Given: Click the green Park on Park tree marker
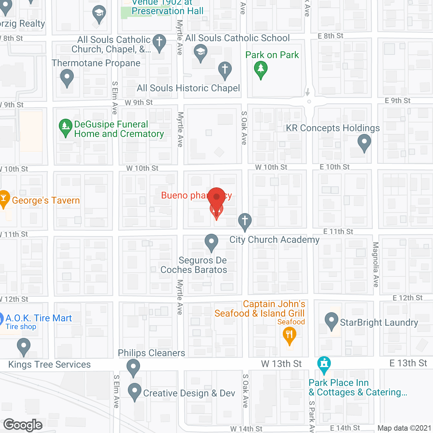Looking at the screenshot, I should pyautogui.click(x=260, y=69).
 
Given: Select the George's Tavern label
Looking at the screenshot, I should pyautogui.click(x=46, y=201).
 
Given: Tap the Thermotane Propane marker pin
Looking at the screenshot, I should pyautogui.click(x=67, y=77).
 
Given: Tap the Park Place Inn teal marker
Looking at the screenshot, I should pyautogui.click(x=324, y=365).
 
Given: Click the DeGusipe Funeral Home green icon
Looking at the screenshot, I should pyautogui.click(x=65, y=127).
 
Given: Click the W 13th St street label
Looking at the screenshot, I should pyautogui.click(x=281, y=364).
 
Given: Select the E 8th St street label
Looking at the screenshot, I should pyautogui.click(x=331, y=36).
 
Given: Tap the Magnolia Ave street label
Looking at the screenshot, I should pyautogui.click(x=375, y=265).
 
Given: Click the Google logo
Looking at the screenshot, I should pyautogui.click(x=23, y=425).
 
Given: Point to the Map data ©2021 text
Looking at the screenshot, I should pyautogui.click(x=404, y=428).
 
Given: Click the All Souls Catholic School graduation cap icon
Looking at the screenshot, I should pyautogui.click(x=201, y=53).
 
